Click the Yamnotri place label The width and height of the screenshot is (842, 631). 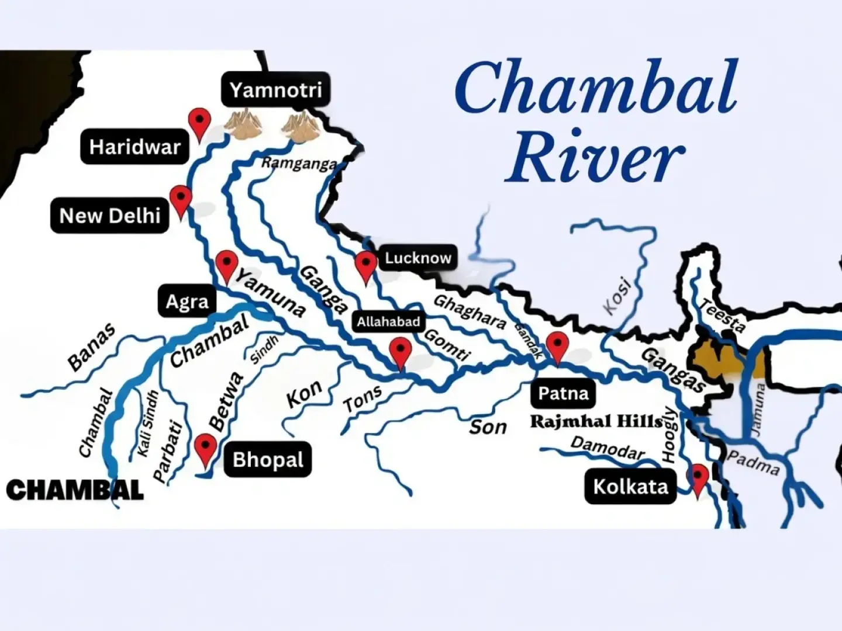tap(275, 90)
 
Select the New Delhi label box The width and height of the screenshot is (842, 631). tap(110, 216)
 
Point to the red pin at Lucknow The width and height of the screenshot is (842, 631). tap(366, 266)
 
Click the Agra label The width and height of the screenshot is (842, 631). tap(187, 302)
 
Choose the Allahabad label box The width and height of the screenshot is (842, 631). tap(388, 321)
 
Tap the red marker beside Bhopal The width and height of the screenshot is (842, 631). tap(205, 449)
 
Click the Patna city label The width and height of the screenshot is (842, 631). tap(563, 393)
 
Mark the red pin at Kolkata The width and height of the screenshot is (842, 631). tap(699, 479)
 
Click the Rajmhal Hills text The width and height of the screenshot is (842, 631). tap(596, 421)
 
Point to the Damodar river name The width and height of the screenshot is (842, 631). tap(608, 448)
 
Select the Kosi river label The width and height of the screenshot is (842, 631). tap(618, 296)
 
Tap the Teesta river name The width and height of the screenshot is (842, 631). tap(723, 315)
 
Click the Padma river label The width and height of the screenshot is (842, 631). tap(753, 463)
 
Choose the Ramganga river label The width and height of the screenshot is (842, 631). tap(299, 164)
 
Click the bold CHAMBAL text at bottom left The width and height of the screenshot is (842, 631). tap(75, 490)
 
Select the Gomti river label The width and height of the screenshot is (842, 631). tap(447, 344)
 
